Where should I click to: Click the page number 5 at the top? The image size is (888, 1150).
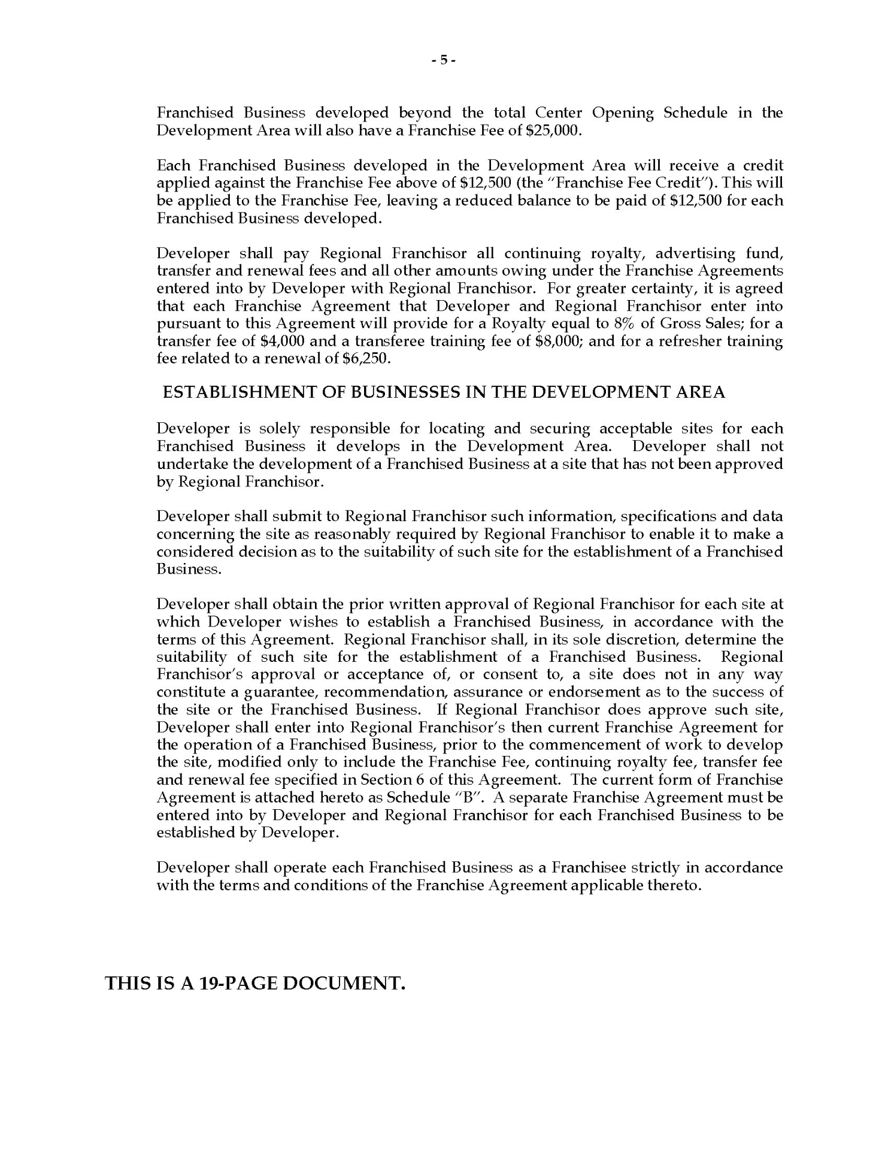444,60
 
